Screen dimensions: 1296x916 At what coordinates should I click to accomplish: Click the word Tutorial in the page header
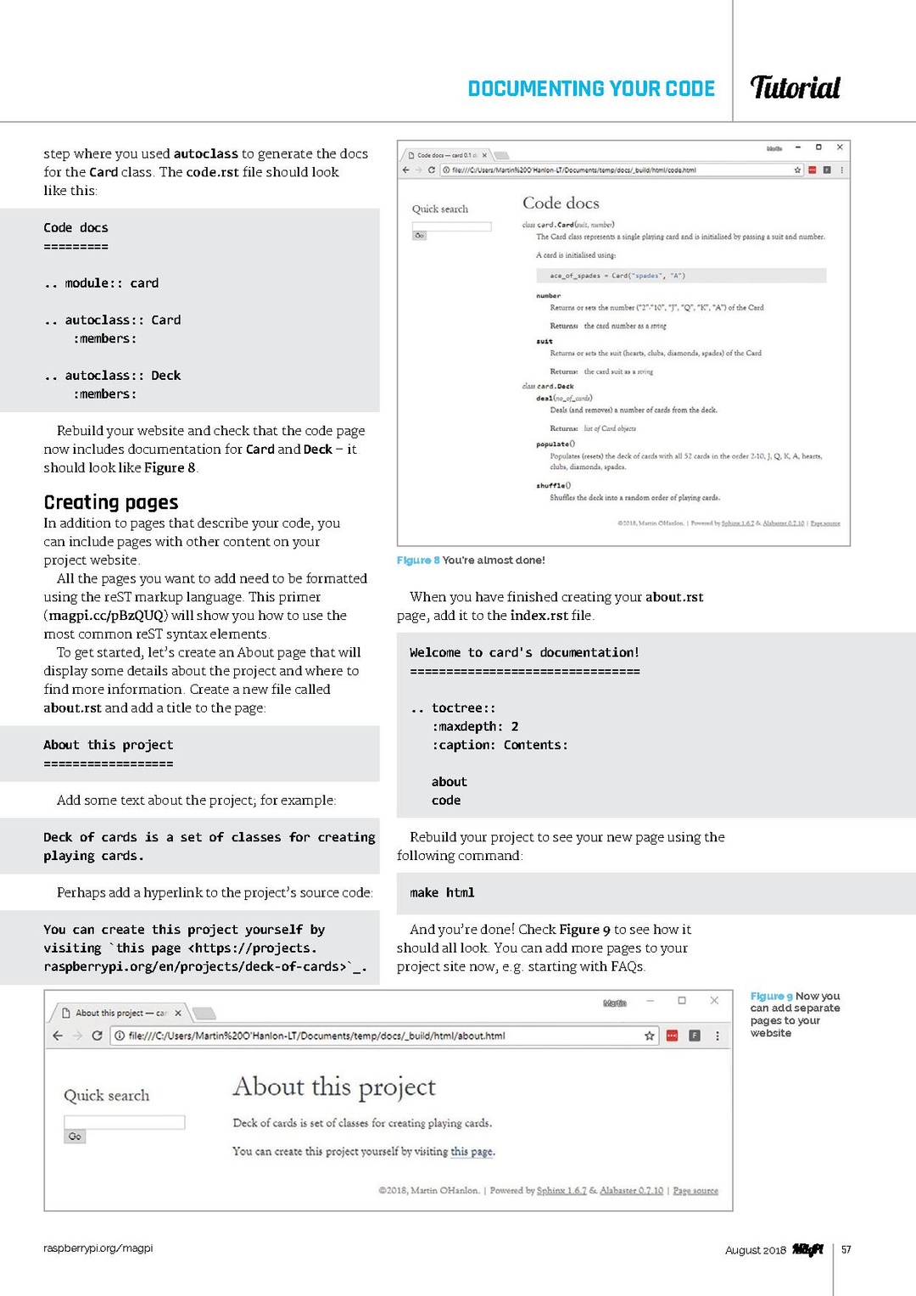[795, 87]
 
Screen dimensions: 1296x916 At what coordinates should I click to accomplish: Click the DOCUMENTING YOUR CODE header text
[591, 89]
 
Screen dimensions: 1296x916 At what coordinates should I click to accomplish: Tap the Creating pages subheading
[111, 502]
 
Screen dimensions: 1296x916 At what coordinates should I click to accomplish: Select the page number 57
[846, 1249]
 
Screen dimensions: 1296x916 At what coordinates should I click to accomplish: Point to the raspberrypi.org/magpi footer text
[98, 1249]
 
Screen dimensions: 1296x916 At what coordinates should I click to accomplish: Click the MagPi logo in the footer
[807, 1249]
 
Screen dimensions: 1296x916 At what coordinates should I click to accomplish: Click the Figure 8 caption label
[418, 561]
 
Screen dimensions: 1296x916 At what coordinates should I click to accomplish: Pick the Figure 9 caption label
[771, 997]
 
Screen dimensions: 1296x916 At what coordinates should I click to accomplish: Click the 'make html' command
[442, 893]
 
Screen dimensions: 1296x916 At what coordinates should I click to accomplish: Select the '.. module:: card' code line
[101, 283]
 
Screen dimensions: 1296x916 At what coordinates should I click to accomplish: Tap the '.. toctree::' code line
[453, 708]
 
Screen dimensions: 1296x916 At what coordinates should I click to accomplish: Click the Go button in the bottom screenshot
[75, 1137]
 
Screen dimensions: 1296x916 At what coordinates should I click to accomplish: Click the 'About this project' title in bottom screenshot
[334, 1087]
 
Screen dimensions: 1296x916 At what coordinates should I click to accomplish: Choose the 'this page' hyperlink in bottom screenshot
[472, 1152]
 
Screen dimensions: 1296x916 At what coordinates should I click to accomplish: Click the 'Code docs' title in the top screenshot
[561, 204]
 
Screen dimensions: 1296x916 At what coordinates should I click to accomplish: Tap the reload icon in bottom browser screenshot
[97, 1036]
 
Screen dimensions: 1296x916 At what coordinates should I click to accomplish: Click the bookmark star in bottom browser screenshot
[650, 1036]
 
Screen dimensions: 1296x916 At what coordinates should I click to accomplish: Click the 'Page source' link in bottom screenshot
[695, 1191]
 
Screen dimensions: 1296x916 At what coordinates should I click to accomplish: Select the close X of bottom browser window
[714, 1001]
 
